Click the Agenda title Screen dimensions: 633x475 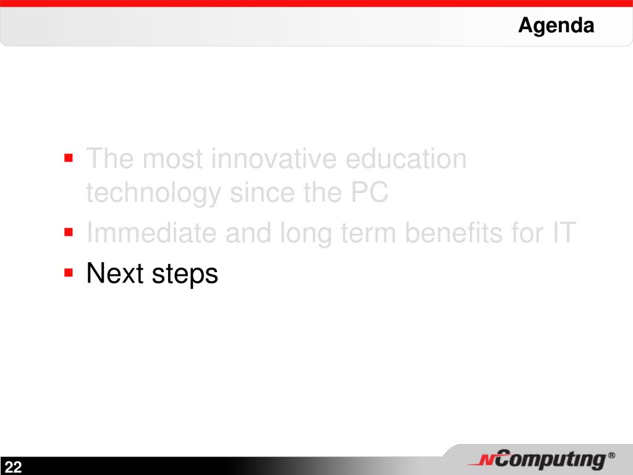[x=556, y=26]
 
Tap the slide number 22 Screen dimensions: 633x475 [x=13, y=467]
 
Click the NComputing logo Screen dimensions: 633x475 [x=541, y=460]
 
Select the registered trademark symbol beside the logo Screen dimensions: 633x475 [x=611, y=456]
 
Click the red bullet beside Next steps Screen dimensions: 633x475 [x=68, y=273]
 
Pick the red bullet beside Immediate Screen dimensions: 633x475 [x=68, y=233]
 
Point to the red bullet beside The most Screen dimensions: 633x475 [x=68, y=158]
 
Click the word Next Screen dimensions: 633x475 [x=115, y=273]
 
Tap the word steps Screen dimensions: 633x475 [x=184, y=275]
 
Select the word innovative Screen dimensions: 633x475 [x=274, y=158]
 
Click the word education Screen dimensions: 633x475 [x=406, y=158]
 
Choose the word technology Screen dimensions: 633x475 [x=153, y=193]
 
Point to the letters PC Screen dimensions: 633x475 [x=370, y=192]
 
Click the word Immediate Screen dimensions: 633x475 [x=151, y=233]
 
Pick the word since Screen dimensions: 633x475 [x=262, y=192]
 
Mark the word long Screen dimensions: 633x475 [x=305, y=234]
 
